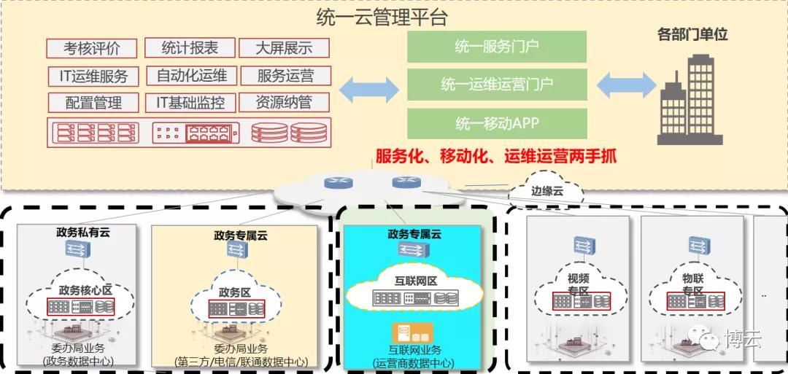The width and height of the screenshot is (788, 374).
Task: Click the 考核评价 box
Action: pos(91,49)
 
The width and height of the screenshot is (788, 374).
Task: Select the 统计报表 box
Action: pos(190,47)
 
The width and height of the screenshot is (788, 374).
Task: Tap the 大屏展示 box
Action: pos(284,48)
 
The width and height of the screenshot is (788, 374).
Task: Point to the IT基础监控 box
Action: pos(190,102)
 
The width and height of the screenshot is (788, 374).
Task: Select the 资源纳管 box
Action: pos(284,102)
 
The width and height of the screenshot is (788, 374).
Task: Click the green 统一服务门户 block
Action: pos(497,47)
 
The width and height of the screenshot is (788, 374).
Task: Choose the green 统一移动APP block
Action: pos(497,123)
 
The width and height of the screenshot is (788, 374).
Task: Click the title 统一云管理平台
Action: pos(382,18)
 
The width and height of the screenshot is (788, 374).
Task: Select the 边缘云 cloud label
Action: pos(545,191)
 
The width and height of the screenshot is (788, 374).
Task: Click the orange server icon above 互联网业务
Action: pos(412,333)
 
